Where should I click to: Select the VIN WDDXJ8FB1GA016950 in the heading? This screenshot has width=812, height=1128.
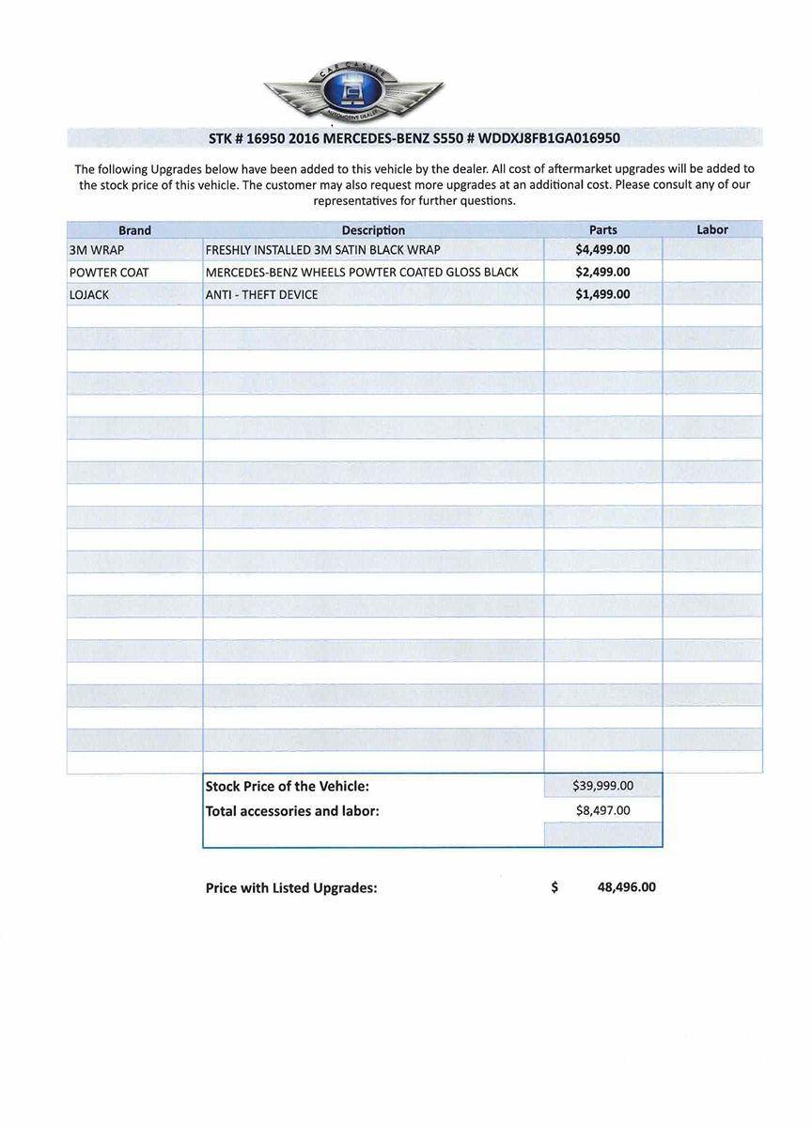tap(549, 138)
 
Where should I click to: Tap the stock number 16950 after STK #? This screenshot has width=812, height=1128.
tap(265, 138)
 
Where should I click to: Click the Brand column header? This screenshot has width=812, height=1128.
tap(134, 230)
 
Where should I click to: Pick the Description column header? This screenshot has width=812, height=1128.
tap(373, 230)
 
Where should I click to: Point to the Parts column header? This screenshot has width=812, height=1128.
tap(602, 230)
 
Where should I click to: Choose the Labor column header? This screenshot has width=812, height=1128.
tap(712, 229)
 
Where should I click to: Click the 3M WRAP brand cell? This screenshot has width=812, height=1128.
tap(97, 250)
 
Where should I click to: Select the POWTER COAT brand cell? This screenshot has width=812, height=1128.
tap(109, 273)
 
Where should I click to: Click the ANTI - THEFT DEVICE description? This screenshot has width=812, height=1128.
tap(261, 295)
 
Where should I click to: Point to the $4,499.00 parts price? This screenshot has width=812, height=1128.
tap(602, 250)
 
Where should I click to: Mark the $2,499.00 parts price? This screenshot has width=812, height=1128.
tap(602, 273)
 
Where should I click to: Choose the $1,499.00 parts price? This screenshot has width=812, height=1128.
tap(602, 294)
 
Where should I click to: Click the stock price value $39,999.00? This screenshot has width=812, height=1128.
tap(602, 786)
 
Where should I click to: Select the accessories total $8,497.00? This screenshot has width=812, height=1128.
tap(602, 810)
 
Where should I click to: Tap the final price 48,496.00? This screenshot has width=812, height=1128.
tap(626, 887)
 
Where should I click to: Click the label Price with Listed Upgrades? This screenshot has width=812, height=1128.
tap(291, 888)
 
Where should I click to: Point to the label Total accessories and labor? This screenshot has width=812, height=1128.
tap(292, 811)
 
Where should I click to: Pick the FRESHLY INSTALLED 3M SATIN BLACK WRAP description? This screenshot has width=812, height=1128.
tap(322, 250)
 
